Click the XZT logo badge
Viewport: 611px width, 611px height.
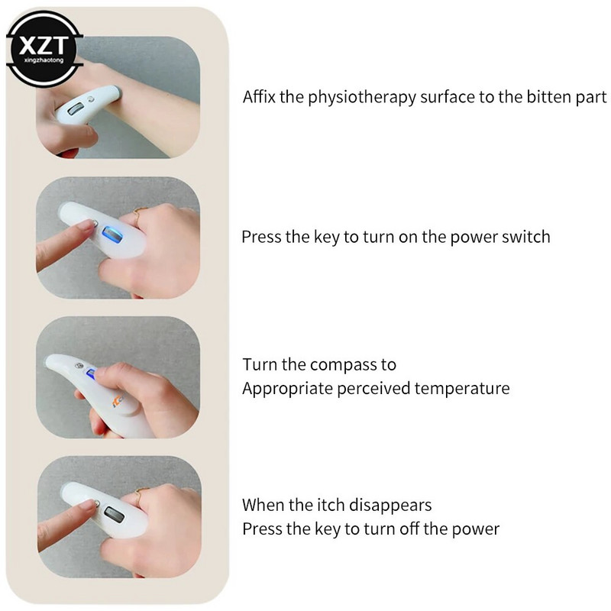[x=44, y=49]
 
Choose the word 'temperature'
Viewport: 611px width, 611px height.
[x=462, y=389]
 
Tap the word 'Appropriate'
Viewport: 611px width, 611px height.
[x=287, y=389]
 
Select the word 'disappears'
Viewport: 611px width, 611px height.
[x=390, y=506]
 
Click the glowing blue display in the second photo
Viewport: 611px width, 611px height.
[x=112, y=234]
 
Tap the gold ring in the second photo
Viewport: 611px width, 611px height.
[x=139, y=214]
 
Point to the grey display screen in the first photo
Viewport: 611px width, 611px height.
[x=75, y=109]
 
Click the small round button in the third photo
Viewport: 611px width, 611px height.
[x=79, y=366]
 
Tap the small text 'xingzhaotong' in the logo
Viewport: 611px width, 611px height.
[x=44, y=60]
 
